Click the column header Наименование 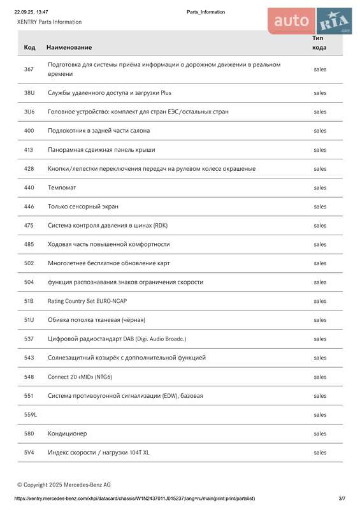69,47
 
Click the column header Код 29,47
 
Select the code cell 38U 29,93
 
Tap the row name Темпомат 62,188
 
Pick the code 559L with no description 31,415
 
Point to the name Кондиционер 67,434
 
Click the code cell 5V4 29,453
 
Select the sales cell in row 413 320,150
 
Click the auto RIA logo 310,21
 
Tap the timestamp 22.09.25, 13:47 31,12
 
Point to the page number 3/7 342,498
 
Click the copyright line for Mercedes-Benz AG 64,484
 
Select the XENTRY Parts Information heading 49,22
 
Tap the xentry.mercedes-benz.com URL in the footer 134,498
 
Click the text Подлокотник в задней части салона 99,131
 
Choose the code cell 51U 29,320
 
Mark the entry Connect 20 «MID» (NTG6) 80,377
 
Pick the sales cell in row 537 320,339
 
